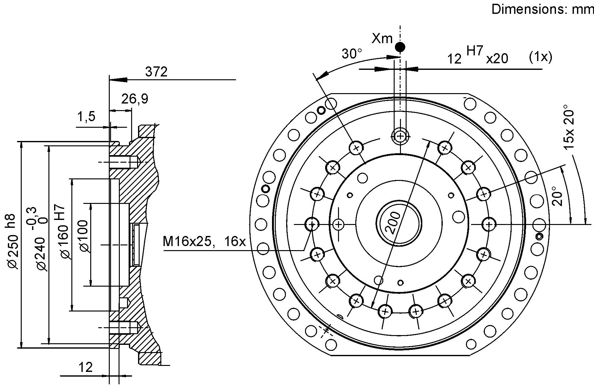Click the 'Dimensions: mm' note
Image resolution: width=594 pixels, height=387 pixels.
[542, 9]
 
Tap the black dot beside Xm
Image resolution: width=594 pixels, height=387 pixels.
[400, 47]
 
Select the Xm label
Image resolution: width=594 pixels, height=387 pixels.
[382, 38]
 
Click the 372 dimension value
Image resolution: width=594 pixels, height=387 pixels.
[156, 72]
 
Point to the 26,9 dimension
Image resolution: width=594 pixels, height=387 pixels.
[135, 99]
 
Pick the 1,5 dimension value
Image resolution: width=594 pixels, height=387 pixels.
[86, 117]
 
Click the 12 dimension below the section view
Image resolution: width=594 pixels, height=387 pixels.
[86, 367]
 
